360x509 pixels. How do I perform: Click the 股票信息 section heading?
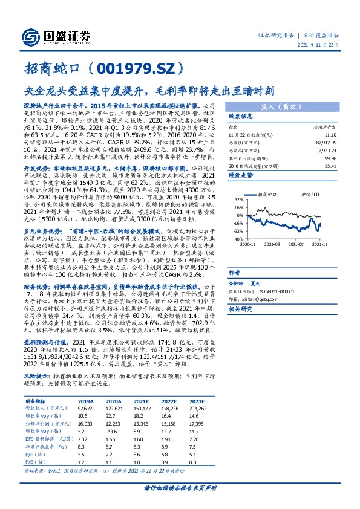(241, 117)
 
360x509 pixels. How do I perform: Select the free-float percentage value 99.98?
(330, 157)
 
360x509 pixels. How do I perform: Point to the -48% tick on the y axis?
(239, 239)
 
